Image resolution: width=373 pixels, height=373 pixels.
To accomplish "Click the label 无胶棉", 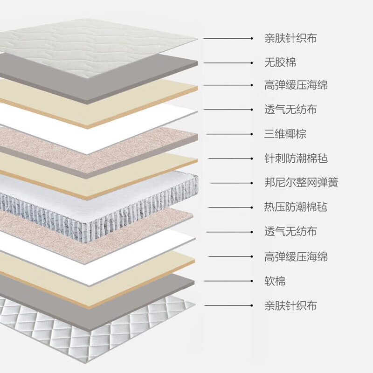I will point(280,62).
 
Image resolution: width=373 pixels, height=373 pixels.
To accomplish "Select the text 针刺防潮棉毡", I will point(296,159).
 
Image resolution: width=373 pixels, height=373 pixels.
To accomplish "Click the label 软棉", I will point(275,281).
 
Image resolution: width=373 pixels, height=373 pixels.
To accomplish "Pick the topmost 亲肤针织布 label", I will point(290,38).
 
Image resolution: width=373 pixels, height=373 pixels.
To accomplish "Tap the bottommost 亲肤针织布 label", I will point(290,306).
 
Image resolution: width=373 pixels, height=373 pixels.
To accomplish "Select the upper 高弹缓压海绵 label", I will point(296,85).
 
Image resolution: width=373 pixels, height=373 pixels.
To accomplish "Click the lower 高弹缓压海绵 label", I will point(296,256).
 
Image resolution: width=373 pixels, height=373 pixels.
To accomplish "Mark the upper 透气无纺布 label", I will point(290,110).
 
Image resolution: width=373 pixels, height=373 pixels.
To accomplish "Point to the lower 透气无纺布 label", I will point(290,232).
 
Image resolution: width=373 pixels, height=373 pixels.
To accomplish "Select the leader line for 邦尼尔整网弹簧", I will point(233,183).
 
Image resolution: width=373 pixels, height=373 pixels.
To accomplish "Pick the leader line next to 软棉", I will point(228,281).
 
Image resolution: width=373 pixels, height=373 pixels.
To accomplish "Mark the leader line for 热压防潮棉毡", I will point(231,207).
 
